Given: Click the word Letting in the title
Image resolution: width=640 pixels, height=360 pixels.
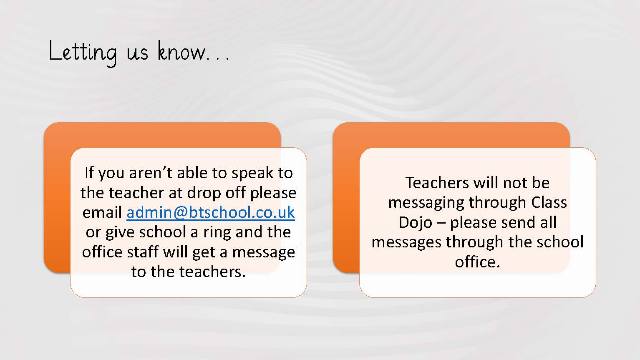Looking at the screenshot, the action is (x=83, y=53).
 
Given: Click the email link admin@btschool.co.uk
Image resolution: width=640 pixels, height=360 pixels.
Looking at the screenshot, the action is (x=211, y=212).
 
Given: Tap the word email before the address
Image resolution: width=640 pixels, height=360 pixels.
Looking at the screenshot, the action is (x=102, y=212).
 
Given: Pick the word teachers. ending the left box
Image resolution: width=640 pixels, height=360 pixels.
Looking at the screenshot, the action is (x=213, y=272).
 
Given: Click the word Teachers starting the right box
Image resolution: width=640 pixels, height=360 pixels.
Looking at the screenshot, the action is (x=437, y=183).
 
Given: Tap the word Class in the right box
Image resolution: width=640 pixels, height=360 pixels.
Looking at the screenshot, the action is (x=549, y=203).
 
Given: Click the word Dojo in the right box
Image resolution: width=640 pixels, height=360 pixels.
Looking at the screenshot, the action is (x=416, y=223).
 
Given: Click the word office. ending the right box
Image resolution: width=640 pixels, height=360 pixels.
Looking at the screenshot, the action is (x=477, y=262).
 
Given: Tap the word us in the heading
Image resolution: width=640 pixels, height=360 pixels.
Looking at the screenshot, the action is (x=137, y=53).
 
